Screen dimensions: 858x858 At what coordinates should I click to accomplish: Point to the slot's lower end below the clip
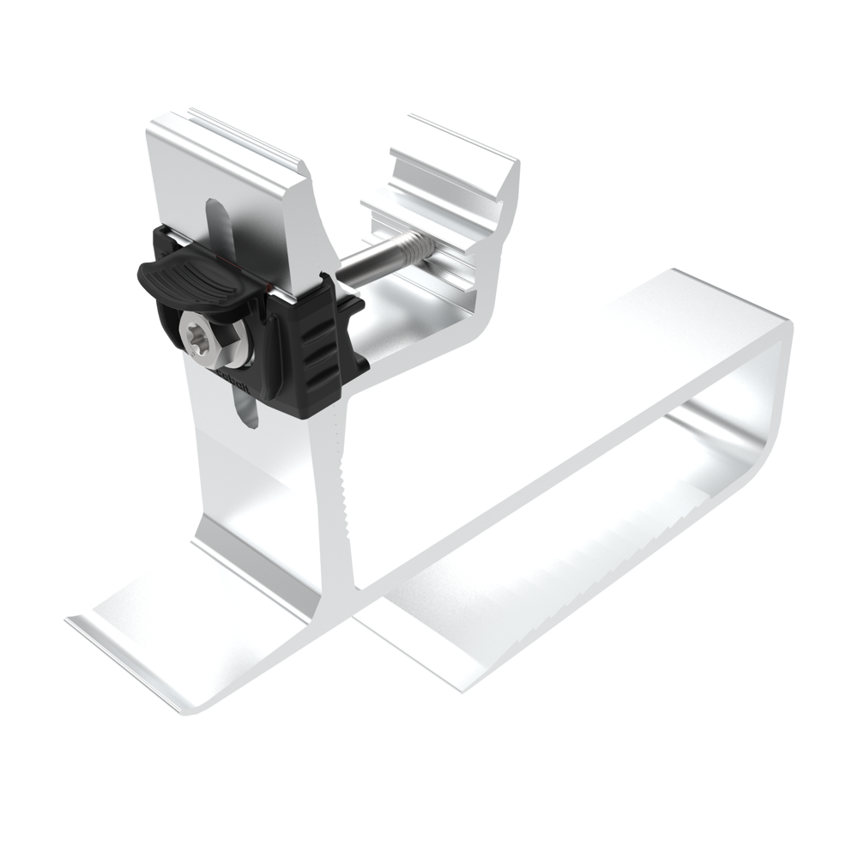(x=247, y=415)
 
